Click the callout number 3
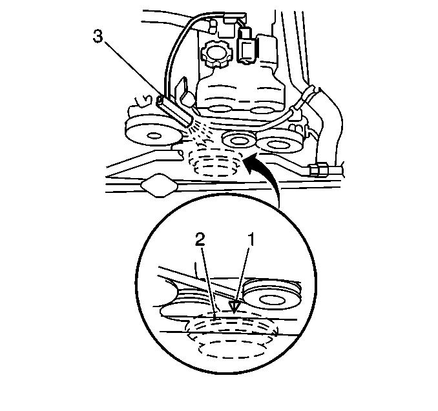(98, 37)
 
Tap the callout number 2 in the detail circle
(200, 239)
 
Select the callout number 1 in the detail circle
(252, 239)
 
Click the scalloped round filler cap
(215, 54)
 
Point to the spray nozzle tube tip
(189, 122)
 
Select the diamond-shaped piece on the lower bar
(159, 185)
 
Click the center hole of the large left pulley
(154, 136)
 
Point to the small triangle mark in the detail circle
(234, 306)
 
